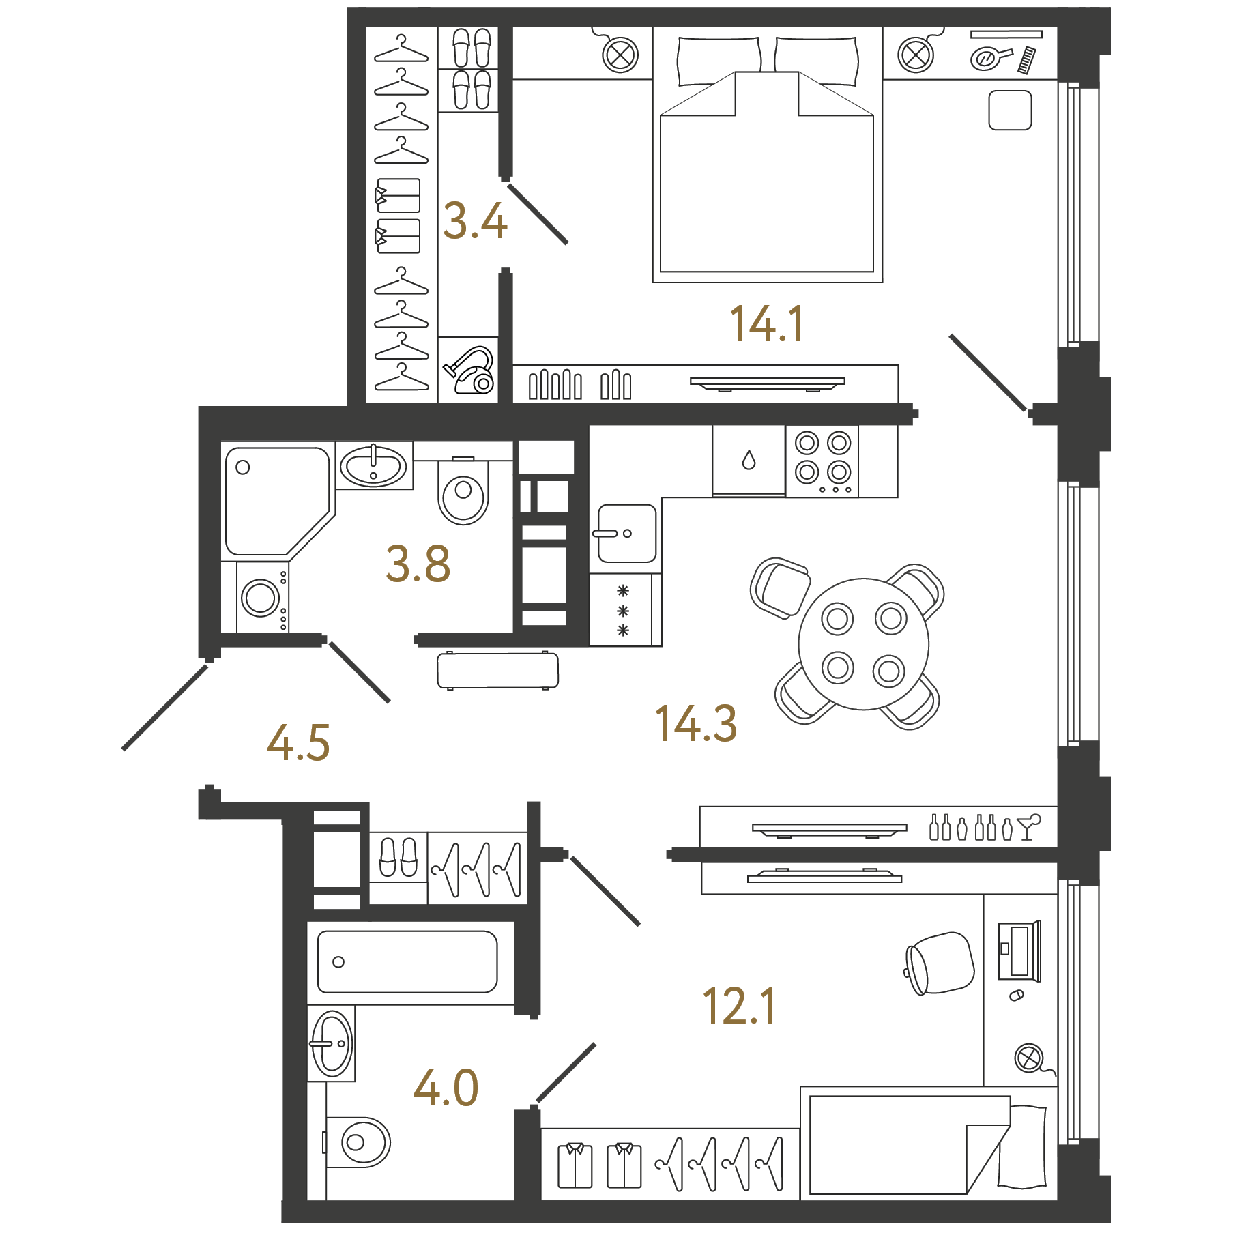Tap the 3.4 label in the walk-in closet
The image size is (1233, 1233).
475,221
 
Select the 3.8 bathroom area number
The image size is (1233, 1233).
418,564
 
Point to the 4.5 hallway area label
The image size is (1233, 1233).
298,742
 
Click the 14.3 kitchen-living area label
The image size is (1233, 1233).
696,723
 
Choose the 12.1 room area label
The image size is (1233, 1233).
740,1006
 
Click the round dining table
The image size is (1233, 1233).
864,644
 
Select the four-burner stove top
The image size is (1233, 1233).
822,461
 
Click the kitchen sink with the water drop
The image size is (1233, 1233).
749,460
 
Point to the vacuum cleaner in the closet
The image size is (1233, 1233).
469,370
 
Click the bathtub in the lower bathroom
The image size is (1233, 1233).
407,961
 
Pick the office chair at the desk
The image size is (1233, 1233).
939,963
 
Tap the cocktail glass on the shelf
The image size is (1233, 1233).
1028,826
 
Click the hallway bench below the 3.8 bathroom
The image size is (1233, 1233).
497,670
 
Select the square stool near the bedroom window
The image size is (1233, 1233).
1010,110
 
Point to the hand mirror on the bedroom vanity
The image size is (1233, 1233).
991,57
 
